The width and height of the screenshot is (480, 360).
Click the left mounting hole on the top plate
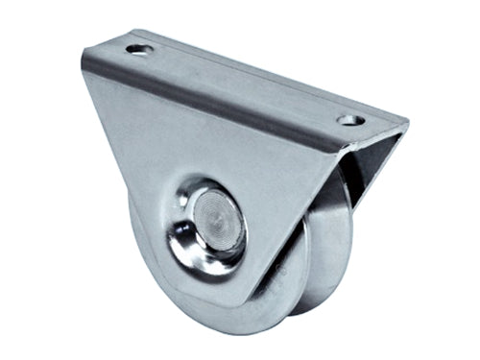point(139,48)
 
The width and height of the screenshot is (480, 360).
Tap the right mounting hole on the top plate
point(348,121)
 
